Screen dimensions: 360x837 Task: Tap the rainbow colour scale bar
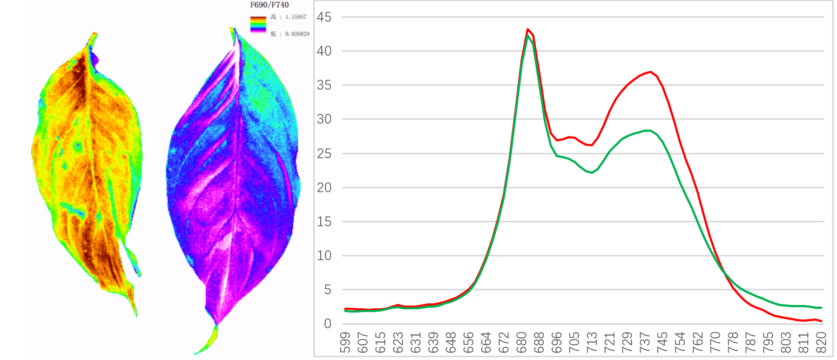point(257,25)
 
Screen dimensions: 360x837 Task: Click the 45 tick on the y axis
point(325,17)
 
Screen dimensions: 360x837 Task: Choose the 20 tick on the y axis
point(325,188)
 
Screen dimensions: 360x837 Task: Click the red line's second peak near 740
point(651,72)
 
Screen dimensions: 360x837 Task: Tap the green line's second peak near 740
point(648,130)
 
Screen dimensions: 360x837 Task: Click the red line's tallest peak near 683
point(528,29)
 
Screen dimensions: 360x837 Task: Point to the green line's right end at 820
point(821,308)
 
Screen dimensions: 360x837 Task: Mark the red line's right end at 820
point(821,321)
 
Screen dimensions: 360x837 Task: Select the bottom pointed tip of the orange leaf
point(136,315)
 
